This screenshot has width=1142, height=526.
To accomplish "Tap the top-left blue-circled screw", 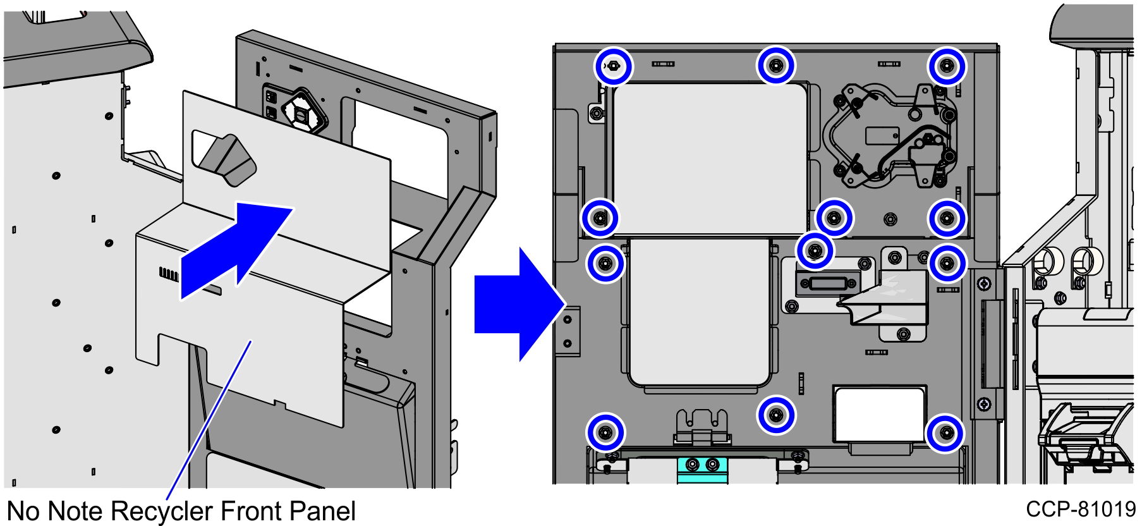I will [613, 66].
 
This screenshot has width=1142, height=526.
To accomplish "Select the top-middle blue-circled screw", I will [776, 65].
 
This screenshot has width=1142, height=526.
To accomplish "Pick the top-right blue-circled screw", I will [946, 66].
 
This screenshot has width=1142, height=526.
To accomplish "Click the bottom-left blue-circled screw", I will [605, 433].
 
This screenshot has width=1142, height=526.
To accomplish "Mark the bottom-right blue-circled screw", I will [945, 433].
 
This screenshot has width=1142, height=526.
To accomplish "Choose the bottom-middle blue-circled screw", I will [776, 415].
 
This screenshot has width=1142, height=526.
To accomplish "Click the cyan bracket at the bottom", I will [702, 468].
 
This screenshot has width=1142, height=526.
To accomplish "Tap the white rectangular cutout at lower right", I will [879, 414].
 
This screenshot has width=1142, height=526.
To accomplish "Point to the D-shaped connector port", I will [827, 283].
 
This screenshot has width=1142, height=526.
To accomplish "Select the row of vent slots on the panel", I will [169, 274].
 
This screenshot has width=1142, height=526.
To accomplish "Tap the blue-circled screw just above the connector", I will [815, 251].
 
